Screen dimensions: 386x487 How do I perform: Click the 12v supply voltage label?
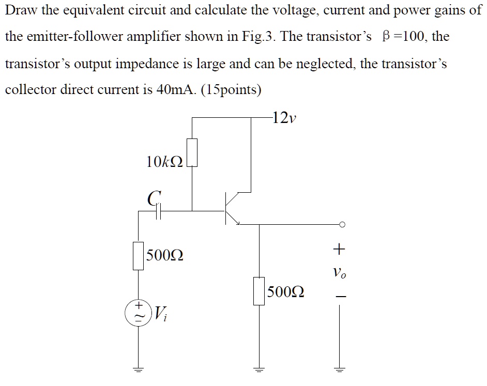(x=285, y=118)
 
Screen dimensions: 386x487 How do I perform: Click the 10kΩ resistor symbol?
(x=192, y=152)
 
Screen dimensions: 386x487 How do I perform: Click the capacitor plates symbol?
(x=159, y=211)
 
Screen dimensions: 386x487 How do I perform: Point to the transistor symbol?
(x=231, y=209)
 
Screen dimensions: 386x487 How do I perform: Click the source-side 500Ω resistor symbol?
(x=138, y=255)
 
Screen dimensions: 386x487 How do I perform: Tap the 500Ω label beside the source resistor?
(x=164, y=255)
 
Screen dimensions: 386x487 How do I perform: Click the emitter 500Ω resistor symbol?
(x=258, y=291)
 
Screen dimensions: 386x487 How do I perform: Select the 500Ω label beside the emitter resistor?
(x=286, y=292)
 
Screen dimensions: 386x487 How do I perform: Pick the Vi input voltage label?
(x=161, y=312)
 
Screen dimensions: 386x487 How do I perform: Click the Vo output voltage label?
(x=339, y=272)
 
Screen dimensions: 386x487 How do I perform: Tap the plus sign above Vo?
(x=339, y=250)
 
